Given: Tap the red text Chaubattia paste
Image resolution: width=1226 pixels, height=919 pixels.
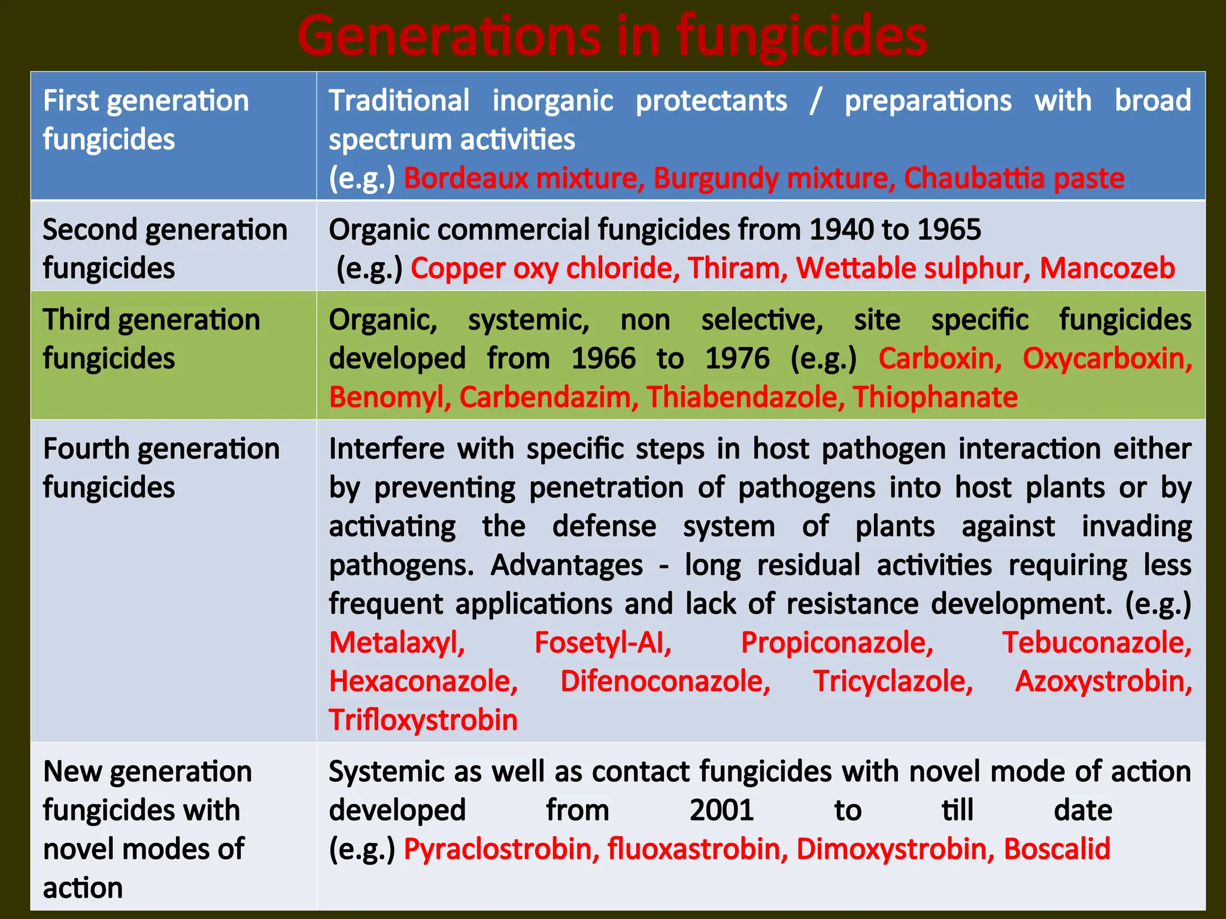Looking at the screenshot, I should coord(1013,178).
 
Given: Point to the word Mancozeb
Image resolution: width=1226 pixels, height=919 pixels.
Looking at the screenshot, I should coord(1107,268).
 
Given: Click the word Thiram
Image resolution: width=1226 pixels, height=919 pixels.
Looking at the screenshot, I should coord(737,268).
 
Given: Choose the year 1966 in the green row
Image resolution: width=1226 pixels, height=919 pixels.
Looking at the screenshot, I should coord(603,359).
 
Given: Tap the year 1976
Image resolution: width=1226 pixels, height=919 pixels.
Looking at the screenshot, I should coord(737,359).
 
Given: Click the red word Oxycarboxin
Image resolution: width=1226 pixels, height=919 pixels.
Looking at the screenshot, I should coord(1107,359).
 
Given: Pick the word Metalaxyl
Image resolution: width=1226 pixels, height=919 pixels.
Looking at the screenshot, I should coord(397,643).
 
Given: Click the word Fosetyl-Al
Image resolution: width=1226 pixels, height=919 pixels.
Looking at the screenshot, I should coord(603,643).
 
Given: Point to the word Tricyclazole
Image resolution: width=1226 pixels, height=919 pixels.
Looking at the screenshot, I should coord(893,682).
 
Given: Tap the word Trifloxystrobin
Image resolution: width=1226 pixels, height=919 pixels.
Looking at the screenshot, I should coord(423,720).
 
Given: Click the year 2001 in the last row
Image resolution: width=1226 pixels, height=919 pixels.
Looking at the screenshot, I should coord(721,811).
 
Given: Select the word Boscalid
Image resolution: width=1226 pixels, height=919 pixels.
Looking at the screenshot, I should coord(1057,850).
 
